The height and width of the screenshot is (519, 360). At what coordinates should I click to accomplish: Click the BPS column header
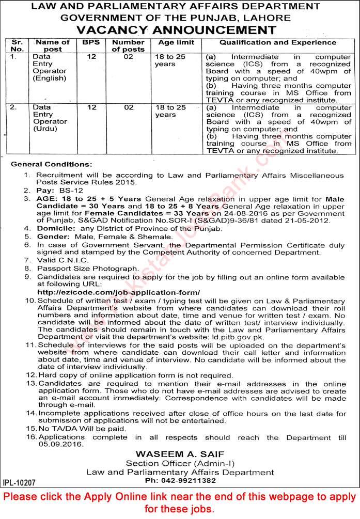click(90, 42)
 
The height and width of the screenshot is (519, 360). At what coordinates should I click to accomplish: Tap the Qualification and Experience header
click(278, 42)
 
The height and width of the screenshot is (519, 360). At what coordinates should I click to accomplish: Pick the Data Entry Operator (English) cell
click(50, 68)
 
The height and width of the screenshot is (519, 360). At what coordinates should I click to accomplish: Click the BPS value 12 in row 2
click(91, 107)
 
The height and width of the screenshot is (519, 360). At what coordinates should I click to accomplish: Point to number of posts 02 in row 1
click(128, 57)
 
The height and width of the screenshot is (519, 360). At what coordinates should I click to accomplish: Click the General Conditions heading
click(52, 164)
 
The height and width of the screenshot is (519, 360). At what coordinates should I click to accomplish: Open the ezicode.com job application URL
click(119, 292)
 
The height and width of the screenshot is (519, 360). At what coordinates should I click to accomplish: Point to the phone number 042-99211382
click(180, 480)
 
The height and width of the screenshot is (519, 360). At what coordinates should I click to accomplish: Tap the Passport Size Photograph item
click(88, 269)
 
